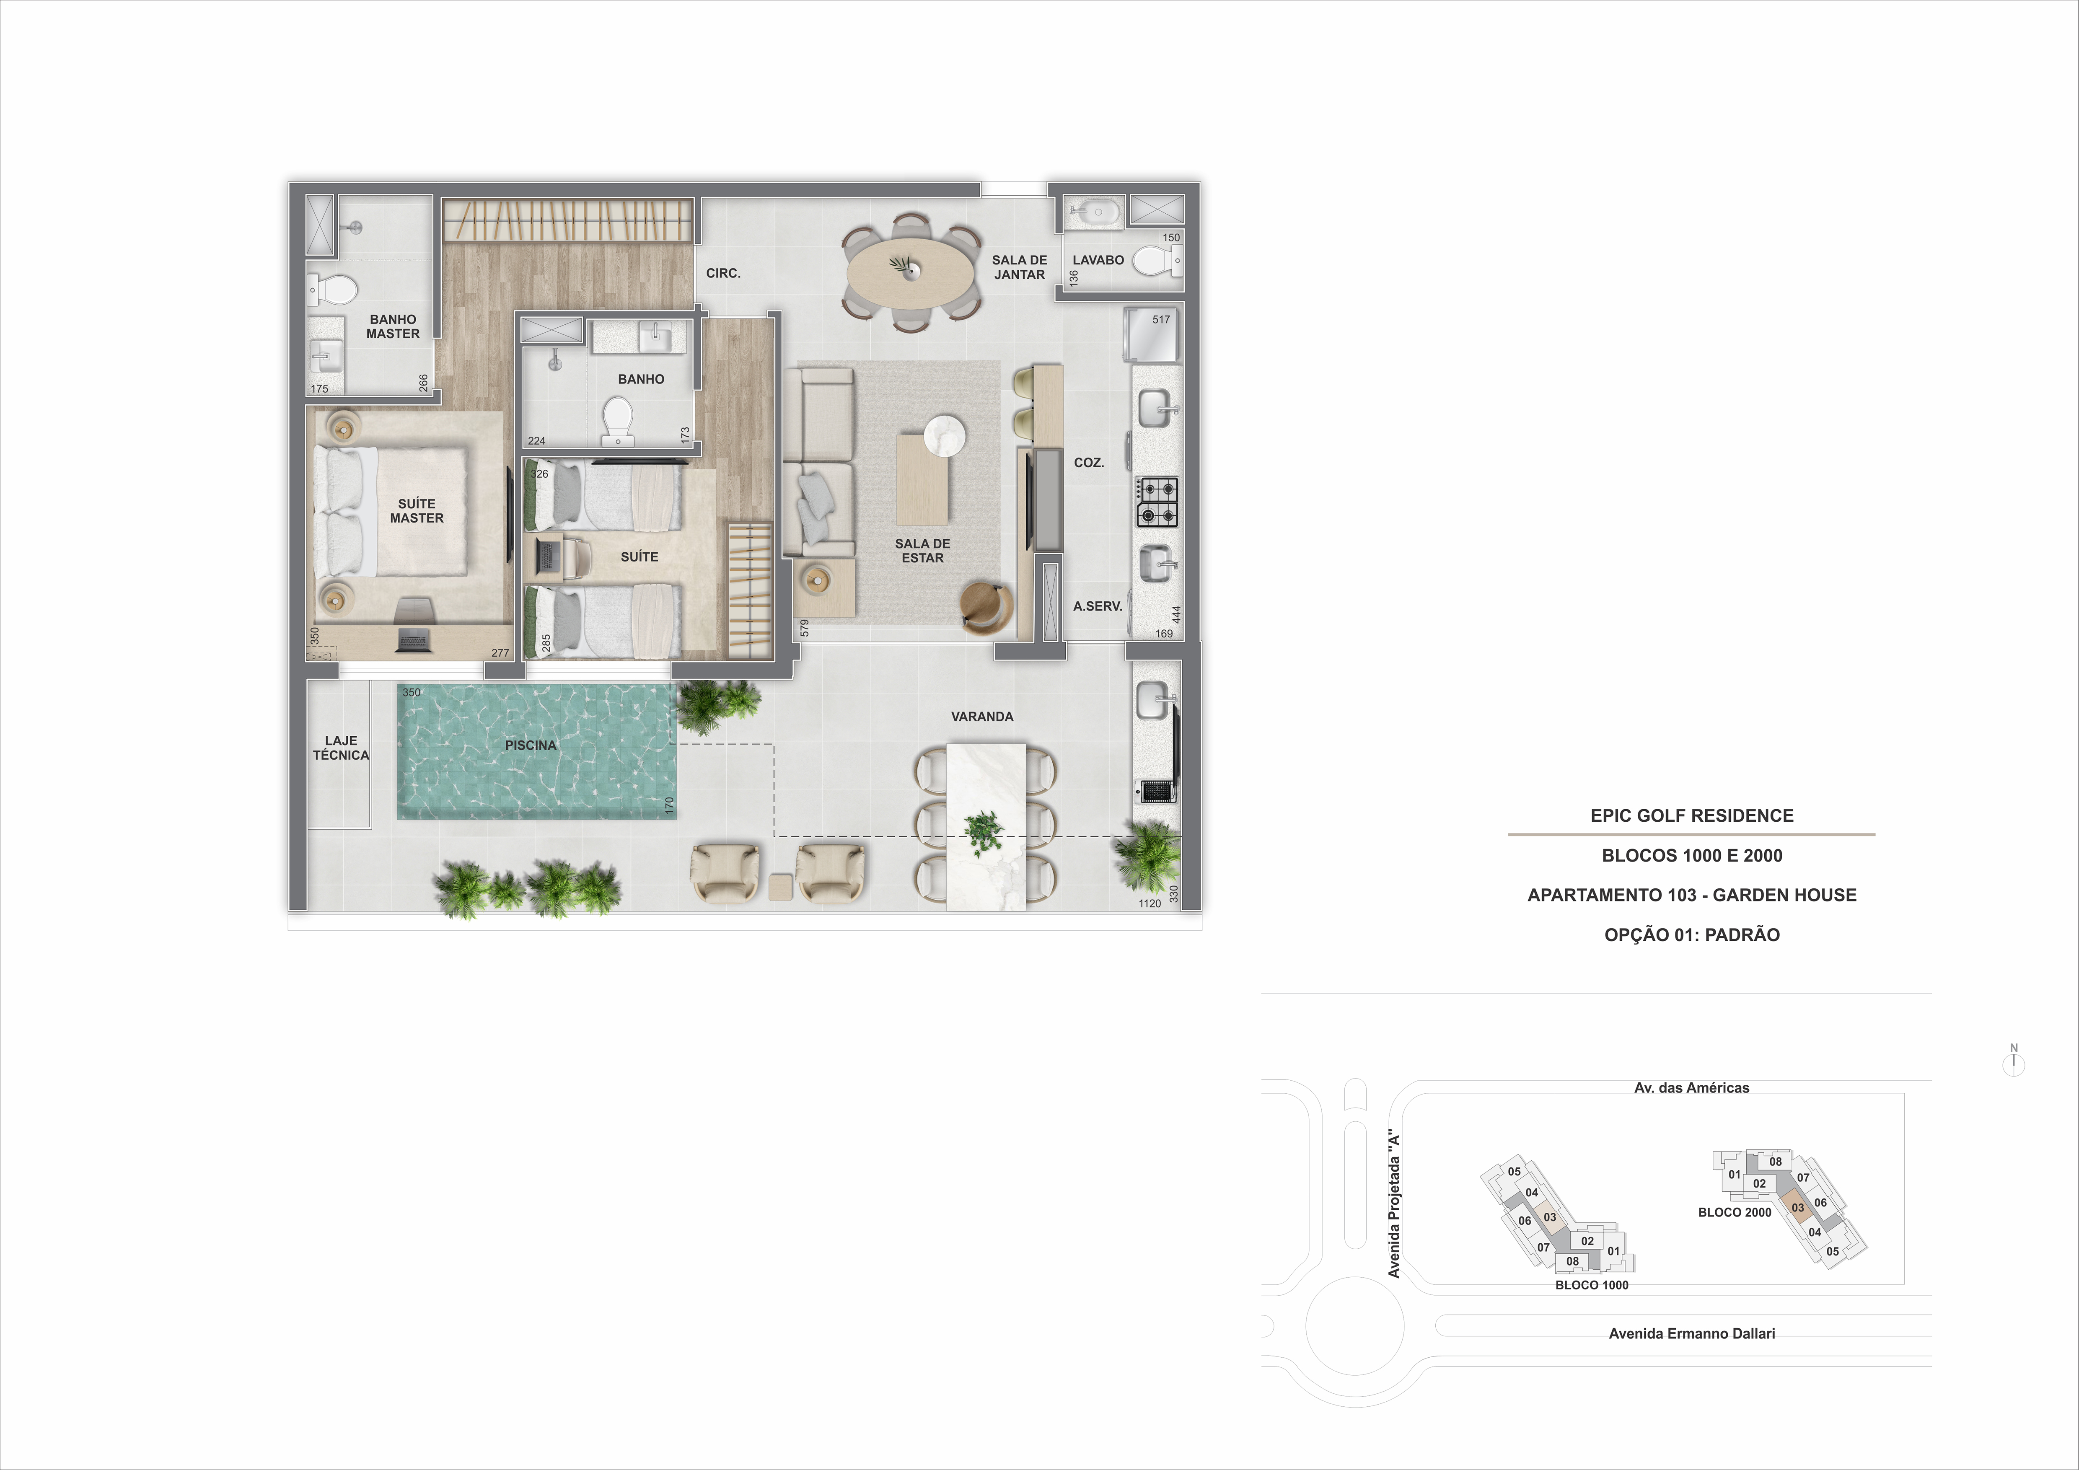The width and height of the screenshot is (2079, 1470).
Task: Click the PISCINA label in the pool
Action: click(531, 745)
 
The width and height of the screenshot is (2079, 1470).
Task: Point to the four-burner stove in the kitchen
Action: click(1157, 502)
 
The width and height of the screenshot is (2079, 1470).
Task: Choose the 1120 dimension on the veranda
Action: click(1149, 903)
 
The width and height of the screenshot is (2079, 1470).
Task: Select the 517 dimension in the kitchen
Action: click(1161, 320)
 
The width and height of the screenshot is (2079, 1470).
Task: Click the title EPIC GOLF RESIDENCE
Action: click(1691, 815)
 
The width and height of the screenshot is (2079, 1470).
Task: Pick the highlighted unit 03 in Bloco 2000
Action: click(1797, 1208)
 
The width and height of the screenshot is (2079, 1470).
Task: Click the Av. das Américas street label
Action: click(1691, 1088)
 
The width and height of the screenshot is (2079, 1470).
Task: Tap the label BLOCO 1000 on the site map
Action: click(1591, 1285)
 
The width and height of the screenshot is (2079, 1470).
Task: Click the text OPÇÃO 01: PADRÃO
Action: click(1691, 935)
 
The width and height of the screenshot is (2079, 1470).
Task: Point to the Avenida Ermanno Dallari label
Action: click(1691, 1333)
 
